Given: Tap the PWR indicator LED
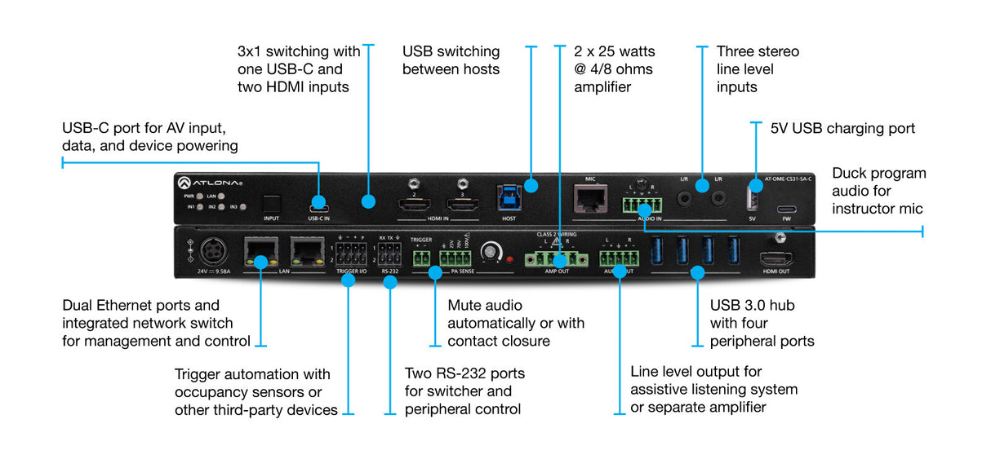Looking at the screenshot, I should pos(199,196).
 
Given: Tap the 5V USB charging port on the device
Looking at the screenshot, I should pos(753,200).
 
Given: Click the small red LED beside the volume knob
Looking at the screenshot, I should pos(510,259).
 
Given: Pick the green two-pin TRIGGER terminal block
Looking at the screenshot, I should pos(422,259).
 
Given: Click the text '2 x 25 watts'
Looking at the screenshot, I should pos(614,51).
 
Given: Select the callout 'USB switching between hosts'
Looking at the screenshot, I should pos(451,60).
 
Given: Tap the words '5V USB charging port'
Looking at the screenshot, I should pos(842,129).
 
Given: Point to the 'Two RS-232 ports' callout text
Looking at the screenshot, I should pos(465,391).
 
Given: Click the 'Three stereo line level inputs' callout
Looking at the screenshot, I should pos(758,68).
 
